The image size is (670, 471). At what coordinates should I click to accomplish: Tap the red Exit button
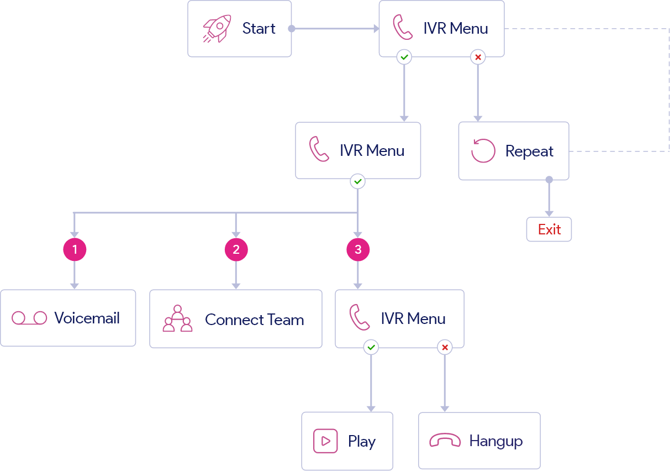tap(549, 229)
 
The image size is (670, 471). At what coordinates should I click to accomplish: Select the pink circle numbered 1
tap(75, 250)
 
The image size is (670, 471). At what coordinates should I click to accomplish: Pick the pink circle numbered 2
tap(236, 250)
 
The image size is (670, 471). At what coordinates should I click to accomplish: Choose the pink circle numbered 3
tap(358, 250)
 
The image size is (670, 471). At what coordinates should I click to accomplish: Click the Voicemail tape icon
tap(29, 318)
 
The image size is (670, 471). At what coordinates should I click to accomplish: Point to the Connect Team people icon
tap(177, 318)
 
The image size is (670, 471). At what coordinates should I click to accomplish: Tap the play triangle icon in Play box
tap(325, 441)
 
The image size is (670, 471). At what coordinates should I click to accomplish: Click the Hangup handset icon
tap(445, 441)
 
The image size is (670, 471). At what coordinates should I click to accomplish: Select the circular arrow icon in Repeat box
tap(483, 151)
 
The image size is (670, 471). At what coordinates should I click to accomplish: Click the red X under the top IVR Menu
tap(478, 57)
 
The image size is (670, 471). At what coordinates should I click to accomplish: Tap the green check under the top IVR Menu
tap(404, 57)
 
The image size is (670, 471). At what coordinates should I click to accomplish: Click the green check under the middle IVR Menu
tap(358, 181)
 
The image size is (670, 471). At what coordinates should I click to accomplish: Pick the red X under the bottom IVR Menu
tap(445, 347)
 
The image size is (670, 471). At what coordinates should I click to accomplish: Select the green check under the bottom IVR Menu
tap(371, 347)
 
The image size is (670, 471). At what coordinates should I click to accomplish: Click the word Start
tap(258, 29)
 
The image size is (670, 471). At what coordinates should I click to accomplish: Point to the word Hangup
tap(495, 441)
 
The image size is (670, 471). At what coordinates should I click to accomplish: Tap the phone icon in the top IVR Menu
tap(403, 28)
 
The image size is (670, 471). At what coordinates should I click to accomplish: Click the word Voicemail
tap(87, 318)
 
